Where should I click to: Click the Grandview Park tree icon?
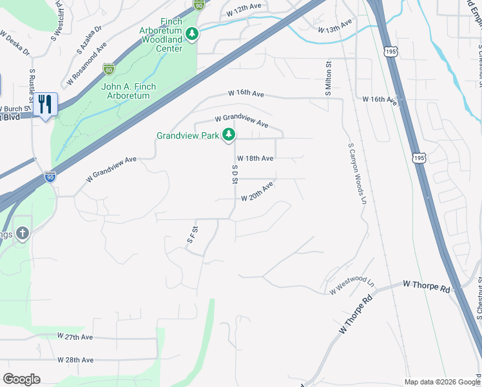pos(228,135)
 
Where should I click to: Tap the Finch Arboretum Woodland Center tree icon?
pos(191,33)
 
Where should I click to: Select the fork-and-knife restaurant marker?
pos(45,104)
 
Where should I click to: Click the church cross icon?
pos(22,233)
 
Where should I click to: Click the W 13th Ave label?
pos(336,26)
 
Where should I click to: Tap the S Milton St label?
pos(328,81)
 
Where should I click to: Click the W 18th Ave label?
pos(255,158)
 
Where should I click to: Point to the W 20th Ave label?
pos(257,192)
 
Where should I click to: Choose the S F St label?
pos(191,234)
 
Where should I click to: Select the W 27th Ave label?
pos(75,337)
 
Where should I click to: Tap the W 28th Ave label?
pos(75,359)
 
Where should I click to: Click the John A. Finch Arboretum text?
pos(126,91)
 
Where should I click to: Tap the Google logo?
pos(21,379)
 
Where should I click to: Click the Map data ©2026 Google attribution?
pos(443,382)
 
